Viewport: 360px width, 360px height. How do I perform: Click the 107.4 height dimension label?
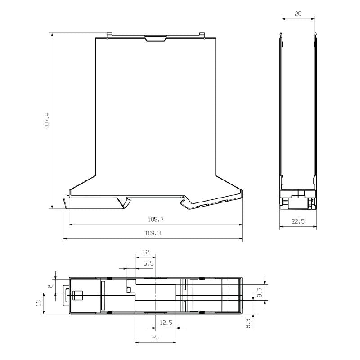[x=47, y=121]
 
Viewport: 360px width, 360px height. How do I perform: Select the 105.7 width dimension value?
[x=156, y=220]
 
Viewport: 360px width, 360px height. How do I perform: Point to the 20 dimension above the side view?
[x=298, y=14]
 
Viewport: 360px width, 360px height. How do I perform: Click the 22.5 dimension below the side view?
[x=298, y=221]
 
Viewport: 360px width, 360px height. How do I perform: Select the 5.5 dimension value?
[x=148, y=263]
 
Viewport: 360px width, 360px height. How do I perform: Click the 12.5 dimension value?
[x=166, y=323]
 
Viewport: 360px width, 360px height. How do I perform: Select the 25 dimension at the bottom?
[x=155, y=337]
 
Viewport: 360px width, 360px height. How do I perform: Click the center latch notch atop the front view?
[x=155, y=38]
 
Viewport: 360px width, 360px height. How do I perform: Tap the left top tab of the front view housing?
[x=108, y=35]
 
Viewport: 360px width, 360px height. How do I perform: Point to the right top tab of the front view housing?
[x=202, y=35]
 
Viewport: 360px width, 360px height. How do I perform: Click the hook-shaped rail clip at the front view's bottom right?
[x=185, y=202]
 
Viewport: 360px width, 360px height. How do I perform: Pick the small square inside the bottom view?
[x=129, y=289]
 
